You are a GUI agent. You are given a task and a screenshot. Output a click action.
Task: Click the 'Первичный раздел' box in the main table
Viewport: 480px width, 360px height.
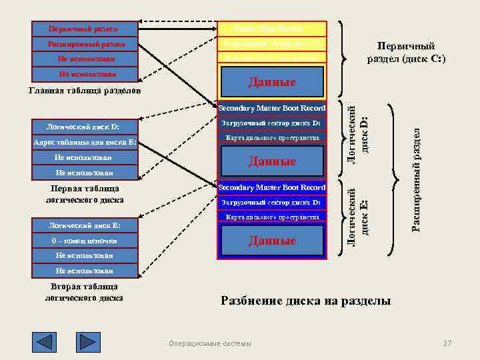[x=85, y=29]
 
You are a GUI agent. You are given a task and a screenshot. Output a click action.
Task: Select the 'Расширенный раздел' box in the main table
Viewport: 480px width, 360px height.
[x=85, y=45]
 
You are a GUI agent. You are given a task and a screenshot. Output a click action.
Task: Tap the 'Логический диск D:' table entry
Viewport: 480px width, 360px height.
[x=85, y=127]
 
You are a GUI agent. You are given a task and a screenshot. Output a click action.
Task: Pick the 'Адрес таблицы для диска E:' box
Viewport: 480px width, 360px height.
[x=85, y=142]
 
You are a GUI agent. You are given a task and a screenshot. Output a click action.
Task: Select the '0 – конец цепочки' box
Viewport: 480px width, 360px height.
[x=85, y=241]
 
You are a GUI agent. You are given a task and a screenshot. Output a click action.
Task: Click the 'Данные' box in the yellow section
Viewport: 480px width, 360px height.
[x=272, y=83]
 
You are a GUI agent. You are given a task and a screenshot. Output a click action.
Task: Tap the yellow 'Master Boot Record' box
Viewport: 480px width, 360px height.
[x=272, y=29]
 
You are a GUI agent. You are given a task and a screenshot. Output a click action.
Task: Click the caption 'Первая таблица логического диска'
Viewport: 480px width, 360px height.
[x=85, y=194]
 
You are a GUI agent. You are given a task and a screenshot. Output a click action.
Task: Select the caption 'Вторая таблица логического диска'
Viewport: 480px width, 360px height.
[x=85, y=292]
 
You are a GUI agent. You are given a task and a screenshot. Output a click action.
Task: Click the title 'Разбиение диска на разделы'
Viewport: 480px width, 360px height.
[x=305, y=301]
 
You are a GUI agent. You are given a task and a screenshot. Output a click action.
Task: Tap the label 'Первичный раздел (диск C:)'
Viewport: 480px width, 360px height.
[x=406, y=53]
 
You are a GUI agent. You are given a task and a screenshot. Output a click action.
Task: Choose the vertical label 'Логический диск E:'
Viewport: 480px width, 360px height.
[x=359, y=215]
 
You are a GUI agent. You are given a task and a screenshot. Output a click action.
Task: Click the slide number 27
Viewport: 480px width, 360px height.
[x=447, y=343]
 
